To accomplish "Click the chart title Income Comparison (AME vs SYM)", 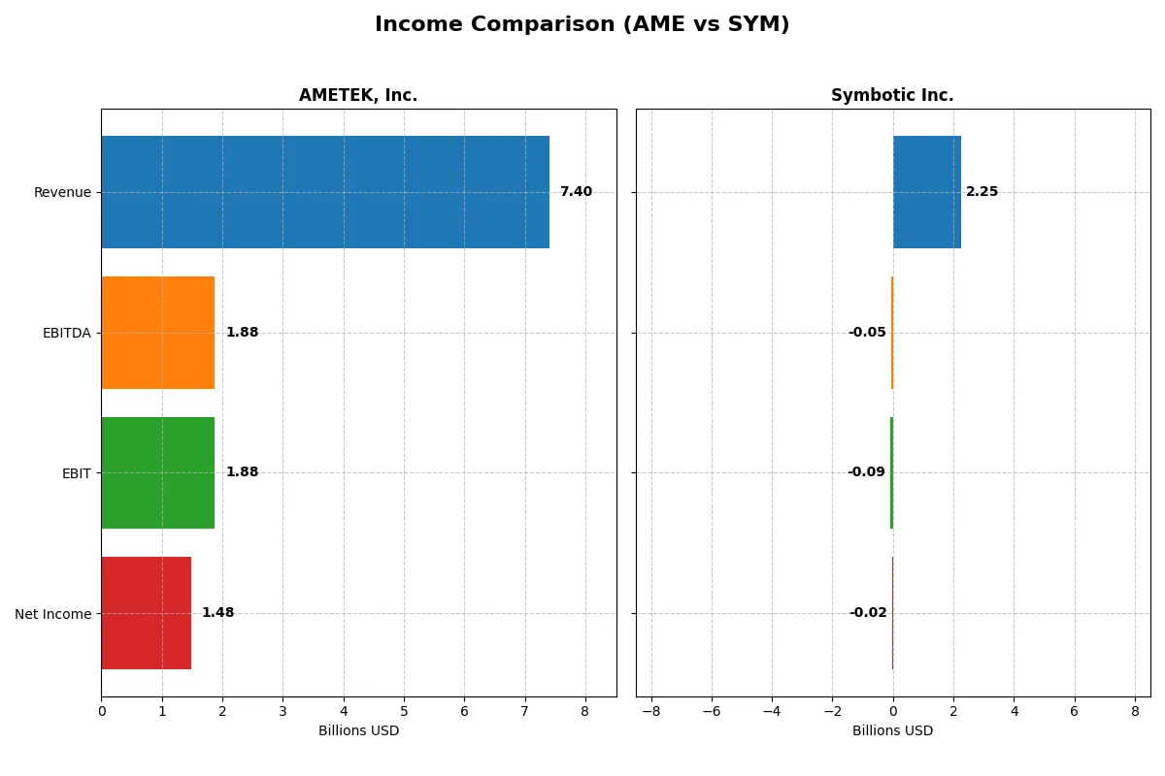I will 582,25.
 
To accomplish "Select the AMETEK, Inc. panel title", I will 358,96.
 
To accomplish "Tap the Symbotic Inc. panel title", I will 892,96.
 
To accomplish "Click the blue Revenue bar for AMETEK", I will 325,192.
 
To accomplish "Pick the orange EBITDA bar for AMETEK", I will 157,333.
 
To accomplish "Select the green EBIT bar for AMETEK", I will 157,472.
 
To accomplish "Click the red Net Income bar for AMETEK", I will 146,613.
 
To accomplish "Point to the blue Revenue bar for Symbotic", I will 927,192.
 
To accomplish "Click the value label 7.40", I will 576,192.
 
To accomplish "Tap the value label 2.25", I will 982,192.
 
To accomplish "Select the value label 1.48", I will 217,613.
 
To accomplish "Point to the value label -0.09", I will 866,472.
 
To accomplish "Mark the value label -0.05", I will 867,333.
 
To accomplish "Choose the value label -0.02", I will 868,613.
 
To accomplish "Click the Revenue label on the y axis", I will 62,192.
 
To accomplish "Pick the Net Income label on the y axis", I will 53,614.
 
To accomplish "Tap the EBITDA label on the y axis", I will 66,333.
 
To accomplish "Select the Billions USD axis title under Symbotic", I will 892,731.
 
